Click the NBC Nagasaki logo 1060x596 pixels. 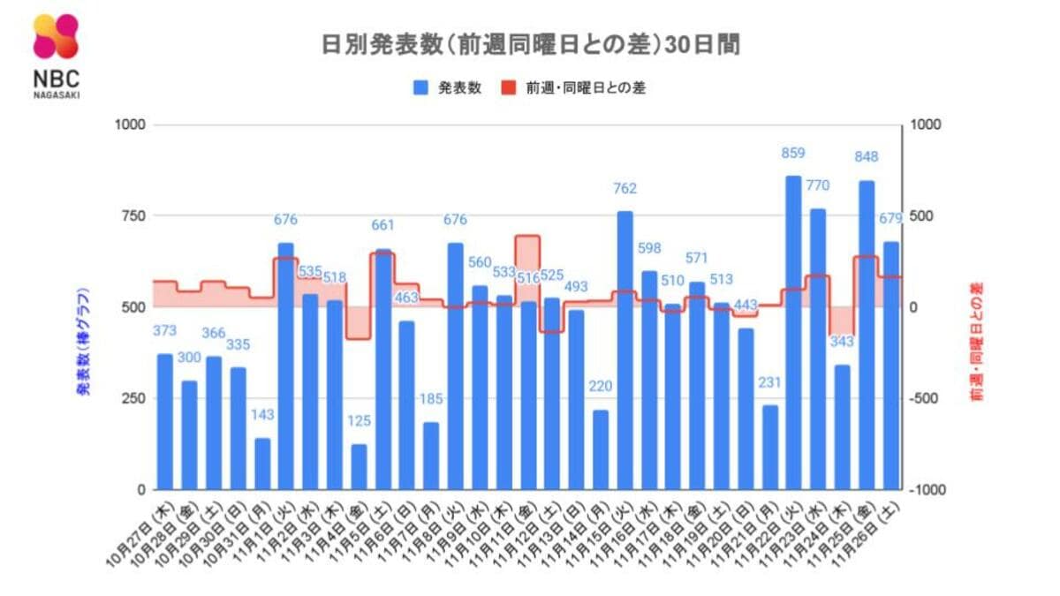click(x=57, y=55)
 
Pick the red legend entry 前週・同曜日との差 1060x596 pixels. click(x=573, y=88)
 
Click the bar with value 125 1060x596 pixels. click(x=359, y=467)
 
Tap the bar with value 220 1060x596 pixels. click(x=601, y=449)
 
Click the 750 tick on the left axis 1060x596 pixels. click(x=129, y=216)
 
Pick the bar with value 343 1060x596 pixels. click(x=842, y=427)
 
